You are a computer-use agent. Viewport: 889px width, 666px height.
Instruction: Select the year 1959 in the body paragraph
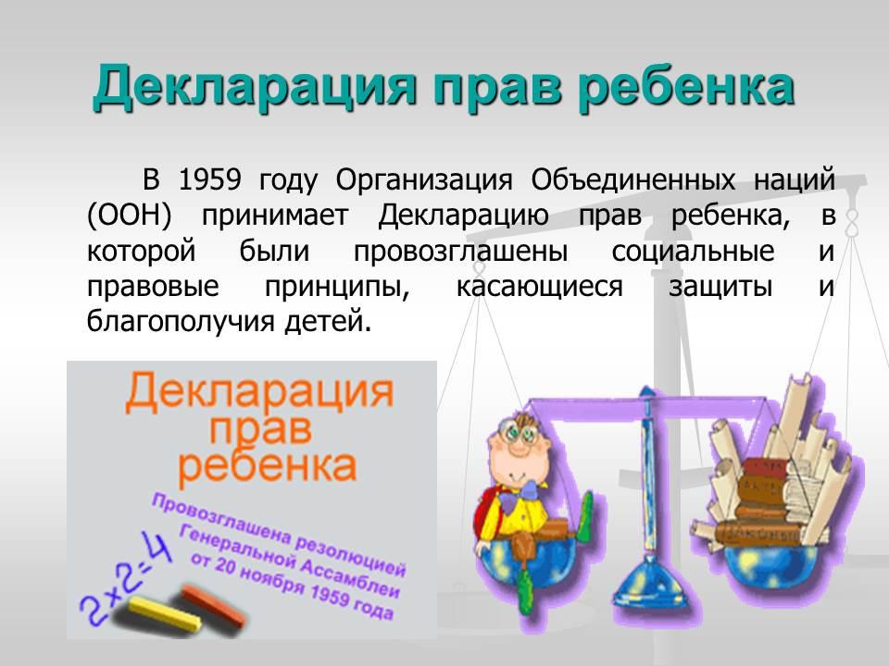tap(210, 180)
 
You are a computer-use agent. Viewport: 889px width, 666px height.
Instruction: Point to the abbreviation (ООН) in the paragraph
tap(130, 216)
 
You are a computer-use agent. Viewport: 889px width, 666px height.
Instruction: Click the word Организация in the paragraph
tap(424, 181)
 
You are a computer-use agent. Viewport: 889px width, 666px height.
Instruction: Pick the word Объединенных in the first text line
tap(633, 181)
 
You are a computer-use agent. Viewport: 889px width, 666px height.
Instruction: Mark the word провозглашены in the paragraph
tap(460, 252)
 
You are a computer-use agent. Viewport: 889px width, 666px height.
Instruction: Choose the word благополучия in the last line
tap(181, 322)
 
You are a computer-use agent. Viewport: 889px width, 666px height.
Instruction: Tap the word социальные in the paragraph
tap(693, 252)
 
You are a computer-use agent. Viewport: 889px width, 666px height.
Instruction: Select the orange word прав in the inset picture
tap(261, 430)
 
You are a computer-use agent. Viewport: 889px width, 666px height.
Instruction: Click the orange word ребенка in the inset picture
tap(267, 466)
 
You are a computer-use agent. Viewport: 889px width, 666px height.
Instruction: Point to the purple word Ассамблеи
tap(350, 576)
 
